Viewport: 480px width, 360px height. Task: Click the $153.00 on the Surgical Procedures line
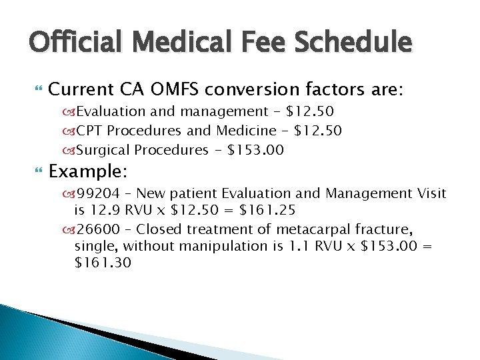coord(256,150)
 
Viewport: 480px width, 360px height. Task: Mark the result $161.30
coord(103,263)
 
